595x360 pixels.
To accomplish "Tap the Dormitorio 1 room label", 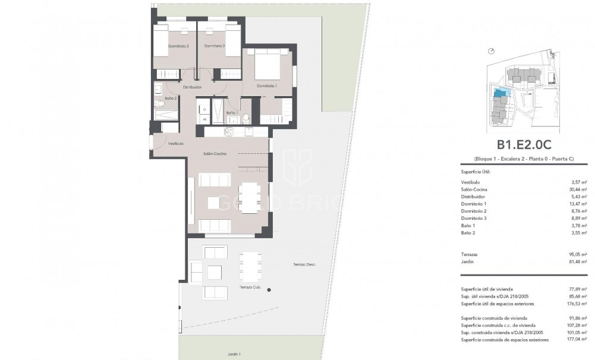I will pos(266,86).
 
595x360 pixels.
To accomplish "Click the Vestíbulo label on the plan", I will pos(175,144).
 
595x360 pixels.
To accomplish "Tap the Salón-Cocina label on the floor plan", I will pos(215,154).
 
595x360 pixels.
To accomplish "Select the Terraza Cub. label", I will pos(250,287).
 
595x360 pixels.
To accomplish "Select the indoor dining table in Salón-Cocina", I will pos(250,197).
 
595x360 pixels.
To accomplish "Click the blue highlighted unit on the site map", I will pos(501,93).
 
